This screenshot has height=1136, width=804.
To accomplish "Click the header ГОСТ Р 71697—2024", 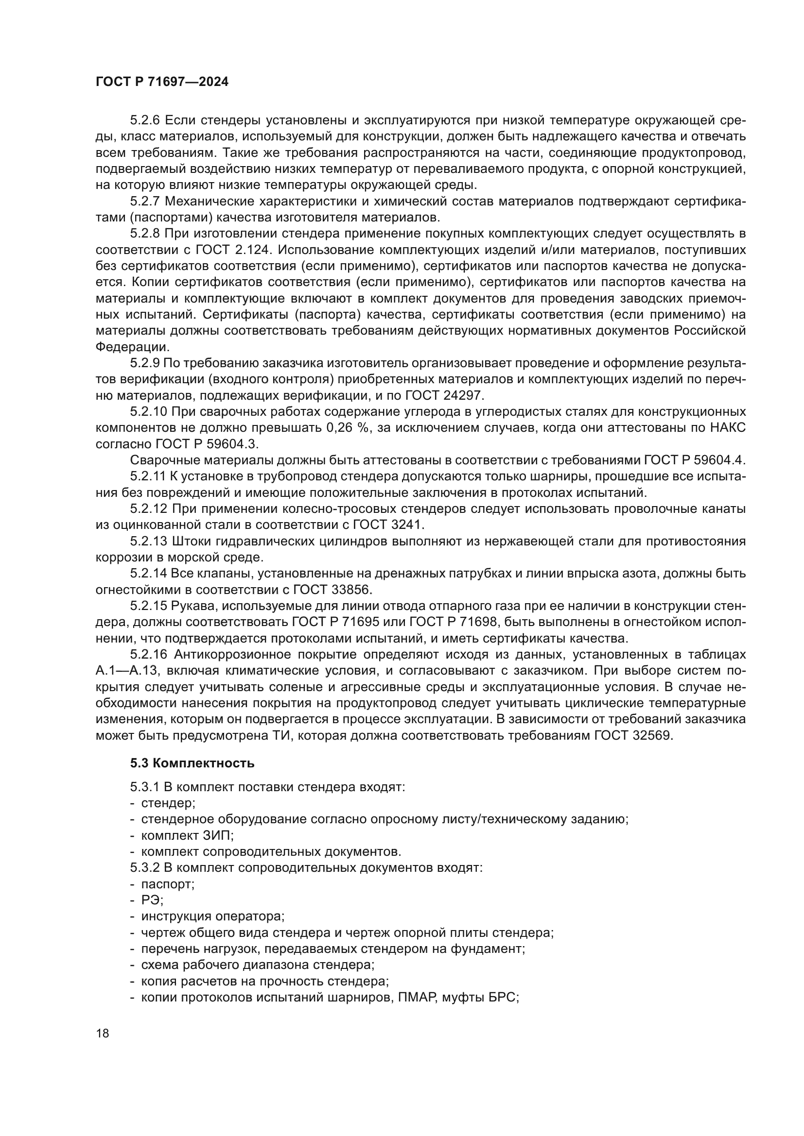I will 162,82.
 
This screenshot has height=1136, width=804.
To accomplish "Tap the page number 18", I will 103,1034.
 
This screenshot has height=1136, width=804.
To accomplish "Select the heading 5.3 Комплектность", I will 192,763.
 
